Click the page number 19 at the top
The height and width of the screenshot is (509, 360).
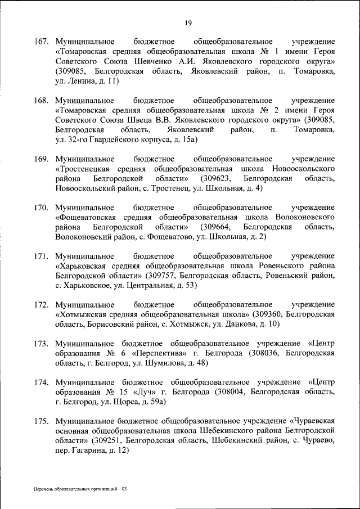point(188,22)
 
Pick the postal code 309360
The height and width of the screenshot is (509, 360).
point(270,314)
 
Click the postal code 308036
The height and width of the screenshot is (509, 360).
point(263,353)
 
